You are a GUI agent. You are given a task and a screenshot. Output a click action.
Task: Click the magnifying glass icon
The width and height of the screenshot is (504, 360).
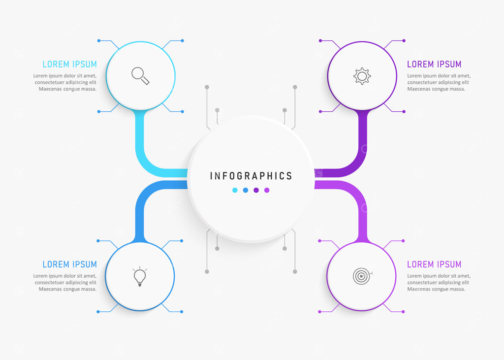pos(140,76)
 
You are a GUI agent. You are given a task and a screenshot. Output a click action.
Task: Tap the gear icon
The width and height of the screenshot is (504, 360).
pos(362,76)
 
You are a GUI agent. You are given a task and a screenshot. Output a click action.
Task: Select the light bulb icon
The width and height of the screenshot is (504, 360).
pos(140,276)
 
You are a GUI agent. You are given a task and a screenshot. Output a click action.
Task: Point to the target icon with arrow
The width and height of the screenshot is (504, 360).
pos(362,276)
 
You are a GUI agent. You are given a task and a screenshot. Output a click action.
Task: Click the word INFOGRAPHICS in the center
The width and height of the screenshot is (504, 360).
pos(251,176)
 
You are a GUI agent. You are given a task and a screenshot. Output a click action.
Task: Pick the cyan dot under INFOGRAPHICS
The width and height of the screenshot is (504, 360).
pos(235,190)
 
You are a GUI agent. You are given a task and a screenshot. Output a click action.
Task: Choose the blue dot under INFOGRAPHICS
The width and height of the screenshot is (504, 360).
pos(246,190)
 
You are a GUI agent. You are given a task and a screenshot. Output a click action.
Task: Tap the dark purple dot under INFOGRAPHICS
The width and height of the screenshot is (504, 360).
pos(256,190)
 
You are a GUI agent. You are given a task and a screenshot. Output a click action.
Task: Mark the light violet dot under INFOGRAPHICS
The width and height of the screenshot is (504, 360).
pos(267,190)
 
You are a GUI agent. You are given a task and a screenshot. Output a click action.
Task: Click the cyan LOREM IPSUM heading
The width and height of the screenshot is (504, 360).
pos(70,65)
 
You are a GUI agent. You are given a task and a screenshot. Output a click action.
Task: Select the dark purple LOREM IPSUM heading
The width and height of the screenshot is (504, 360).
pos(434,65)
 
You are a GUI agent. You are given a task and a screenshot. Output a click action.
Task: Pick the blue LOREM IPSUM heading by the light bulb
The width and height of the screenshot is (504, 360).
pos(70,264)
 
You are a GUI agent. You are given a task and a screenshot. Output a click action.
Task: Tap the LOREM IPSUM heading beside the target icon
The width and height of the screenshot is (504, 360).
pos(434,264)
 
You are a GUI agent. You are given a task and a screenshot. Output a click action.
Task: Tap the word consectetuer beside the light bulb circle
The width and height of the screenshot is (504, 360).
pos(50,283)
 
